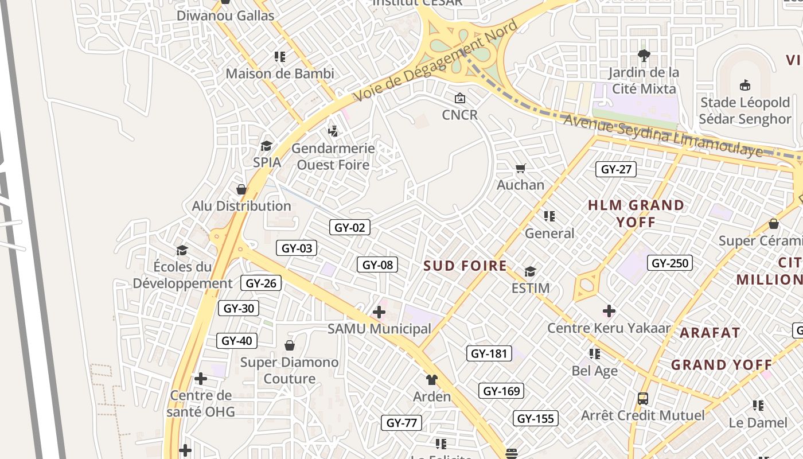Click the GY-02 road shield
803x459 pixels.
coord(350,228)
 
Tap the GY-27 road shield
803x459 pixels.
coord(616,169)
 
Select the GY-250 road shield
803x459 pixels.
coord(670,263)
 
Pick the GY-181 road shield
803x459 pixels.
coord(489,353)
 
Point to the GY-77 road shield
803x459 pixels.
coord(402,423)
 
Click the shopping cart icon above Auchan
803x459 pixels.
coord(520,168)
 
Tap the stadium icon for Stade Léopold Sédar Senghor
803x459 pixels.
coord(744,85)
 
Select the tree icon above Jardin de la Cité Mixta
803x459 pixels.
coord(644,56)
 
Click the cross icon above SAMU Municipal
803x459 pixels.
coord(379,312)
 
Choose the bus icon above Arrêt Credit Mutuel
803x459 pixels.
coord(643,398)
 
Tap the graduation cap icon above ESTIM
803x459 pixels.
coord(530,271)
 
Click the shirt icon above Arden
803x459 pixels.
coord(431,380)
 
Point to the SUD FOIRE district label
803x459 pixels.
coord(465,266)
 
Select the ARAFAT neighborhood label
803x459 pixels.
coord(710,332)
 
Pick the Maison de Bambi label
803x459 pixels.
coord(280,73)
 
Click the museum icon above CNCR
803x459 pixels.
coord(459,98)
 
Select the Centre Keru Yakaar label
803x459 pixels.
coord(609,328)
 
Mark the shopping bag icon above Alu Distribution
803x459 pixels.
coord(241,189)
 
